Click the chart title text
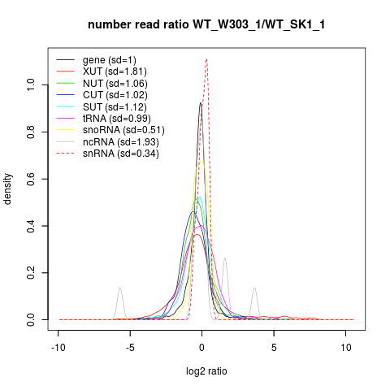pos(206,24)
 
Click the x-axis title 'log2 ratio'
pos(206,371)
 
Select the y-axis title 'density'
pos(7,189)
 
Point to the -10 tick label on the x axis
pos(58,347)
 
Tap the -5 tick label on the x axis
pos(130,347)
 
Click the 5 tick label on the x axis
pos(274,347)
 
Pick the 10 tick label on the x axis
pos(346,347)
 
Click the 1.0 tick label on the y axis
pos(31,85)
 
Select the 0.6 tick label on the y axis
pos(31,179)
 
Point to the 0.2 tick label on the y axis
pos(31,273)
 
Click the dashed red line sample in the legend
pos(66,154)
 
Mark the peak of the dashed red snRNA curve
pos(206,58)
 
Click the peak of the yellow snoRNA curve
pos(201,162)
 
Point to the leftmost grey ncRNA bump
pos(120,288)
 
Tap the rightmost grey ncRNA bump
pos(254,288)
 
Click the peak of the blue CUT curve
pos(193,211)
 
